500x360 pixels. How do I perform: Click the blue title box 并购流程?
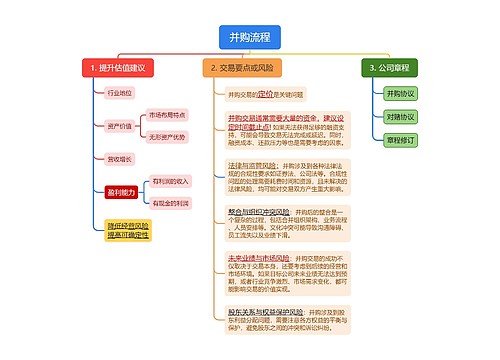249,38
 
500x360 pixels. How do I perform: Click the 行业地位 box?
118,93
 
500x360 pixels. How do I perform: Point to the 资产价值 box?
118,126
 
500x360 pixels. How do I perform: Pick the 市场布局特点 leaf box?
167,116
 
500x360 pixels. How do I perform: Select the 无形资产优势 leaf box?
167,137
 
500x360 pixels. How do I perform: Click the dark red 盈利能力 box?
119,191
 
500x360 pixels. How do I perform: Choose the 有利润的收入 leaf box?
170,181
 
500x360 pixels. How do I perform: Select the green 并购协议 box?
399,93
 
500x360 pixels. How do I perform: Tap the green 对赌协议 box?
399,117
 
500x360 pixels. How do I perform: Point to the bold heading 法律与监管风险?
252,162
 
